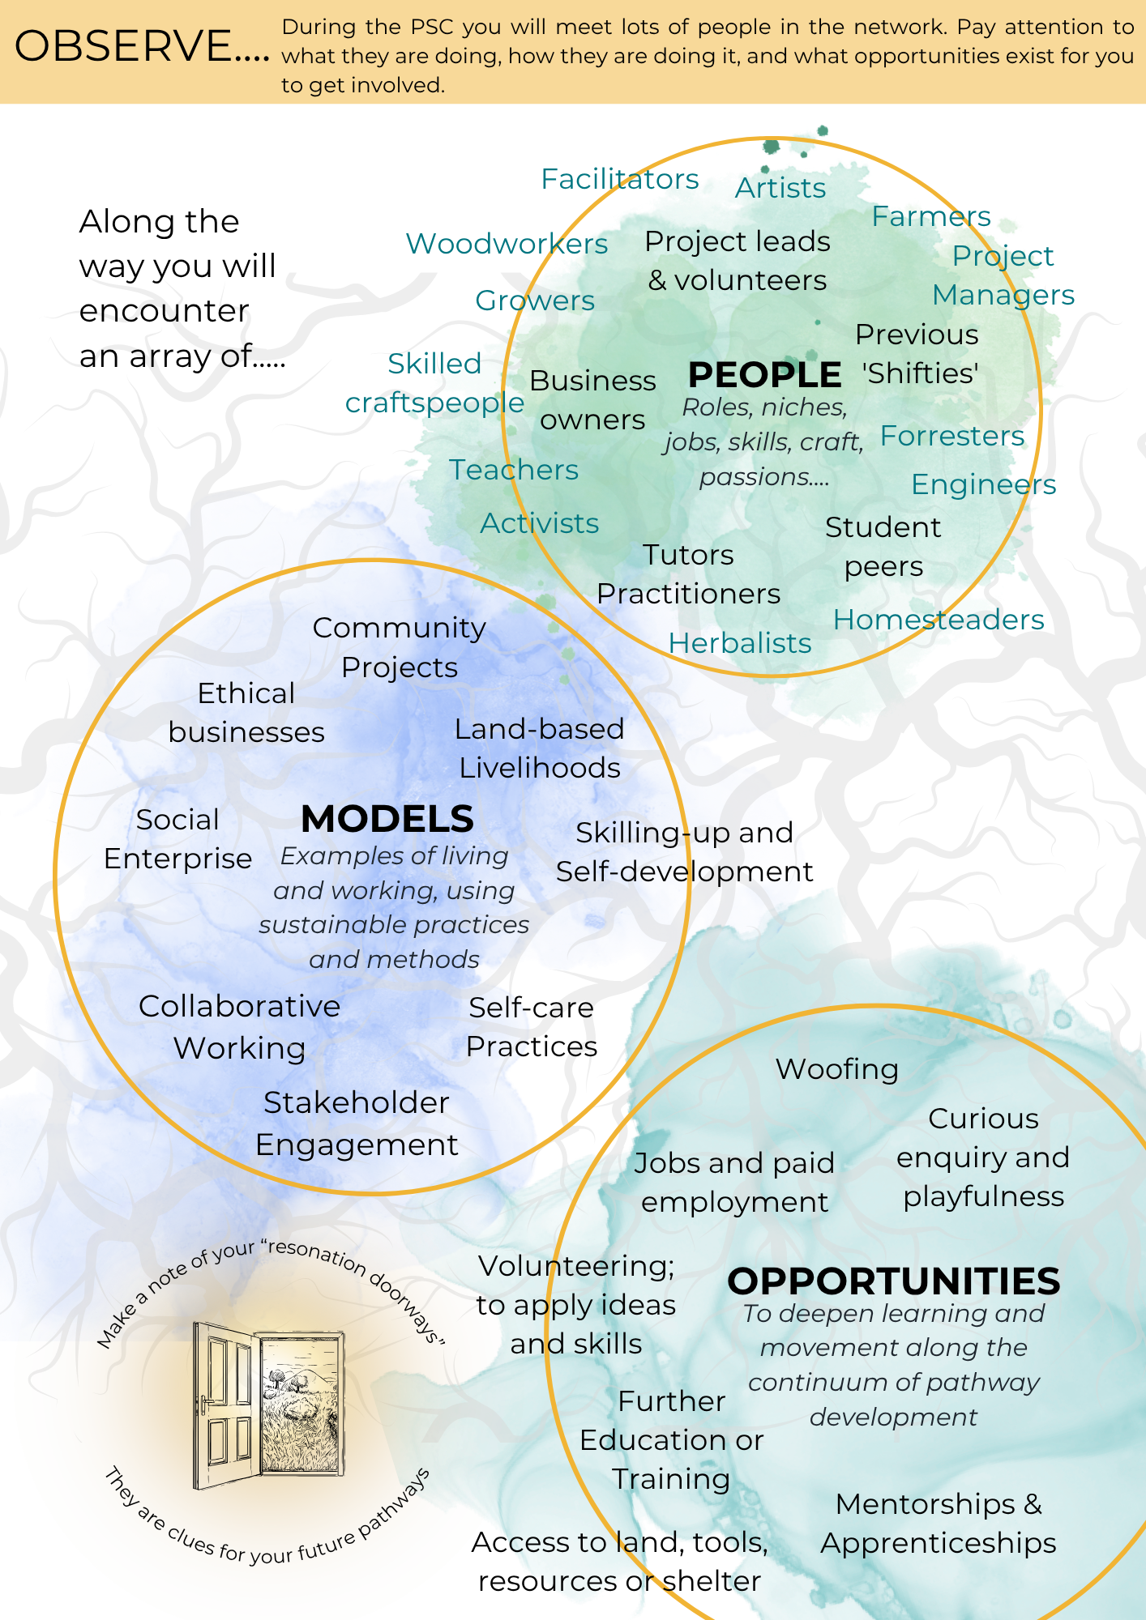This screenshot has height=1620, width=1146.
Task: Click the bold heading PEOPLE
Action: click(x=764, y=375)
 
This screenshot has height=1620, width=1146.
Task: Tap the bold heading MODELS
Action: click(x=387, y=819)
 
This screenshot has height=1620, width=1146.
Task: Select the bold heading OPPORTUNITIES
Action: click(x=894, y=1281)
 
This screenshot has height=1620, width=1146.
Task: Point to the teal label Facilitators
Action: click(x=620, y=179)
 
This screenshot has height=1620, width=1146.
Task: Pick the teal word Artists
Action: click(x=780, y=188)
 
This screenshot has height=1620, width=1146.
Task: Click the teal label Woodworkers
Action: click(x=507, y=244)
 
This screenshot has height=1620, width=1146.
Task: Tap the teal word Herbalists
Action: click(x=740, y=643)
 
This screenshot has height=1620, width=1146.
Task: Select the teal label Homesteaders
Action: click(x=939, y=620)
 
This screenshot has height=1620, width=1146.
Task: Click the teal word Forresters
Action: click(x=952, y=436)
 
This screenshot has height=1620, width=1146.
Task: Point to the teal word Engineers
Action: click(x=984, y=485)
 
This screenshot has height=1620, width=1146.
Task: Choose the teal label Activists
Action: click(x=540, y=523)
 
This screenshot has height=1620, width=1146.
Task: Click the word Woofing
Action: click(x=837, y=1070)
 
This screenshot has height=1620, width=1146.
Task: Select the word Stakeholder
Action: click(x=357, y=1102)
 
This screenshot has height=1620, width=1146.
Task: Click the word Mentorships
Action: click(x=926, y=1504)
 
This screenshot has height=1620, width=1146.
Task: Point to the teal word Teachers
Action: click(x=514, y=470)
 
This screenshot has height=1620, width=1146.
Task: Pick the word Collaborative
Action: click(x=240, y=1006)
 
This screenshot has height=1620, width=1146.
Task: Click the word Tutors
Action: click(x=688, y=555)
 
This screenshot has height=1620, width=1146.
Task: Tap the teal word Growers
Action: click(x=535, y=301)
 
